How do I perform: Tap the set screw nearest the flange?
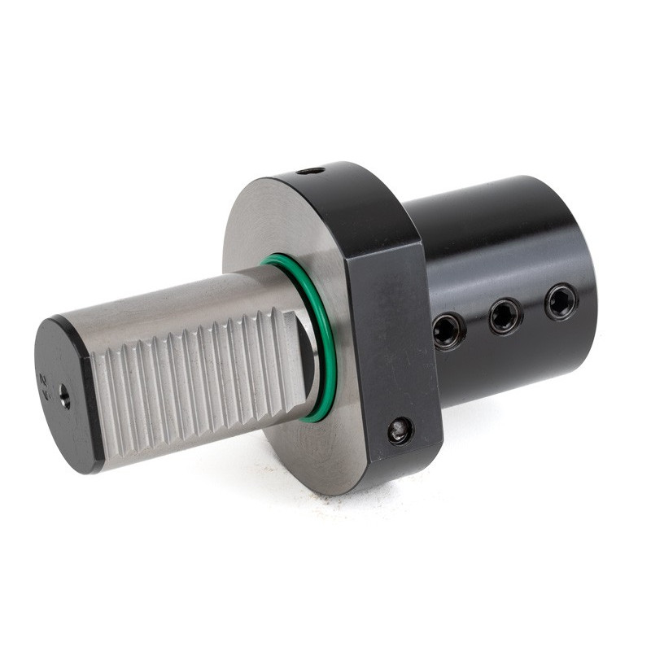(x=449, y=331)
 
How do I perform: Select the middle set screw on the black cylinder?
(x=505, y=315)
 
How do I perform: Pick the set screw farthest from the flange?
(x=561, y=301)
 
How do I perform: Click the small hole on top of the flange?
(x=310, y=171)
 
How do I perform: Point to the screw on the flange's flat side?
(x=400, y=430)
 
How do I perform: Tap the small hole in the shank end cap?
(x=64, y=398)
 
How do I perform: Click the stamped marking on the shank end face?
(x=44, y=382)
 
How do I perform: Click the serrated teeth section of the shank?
(x=195, y=382)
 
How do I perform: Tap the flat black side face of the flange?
(x=391, y=342)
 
